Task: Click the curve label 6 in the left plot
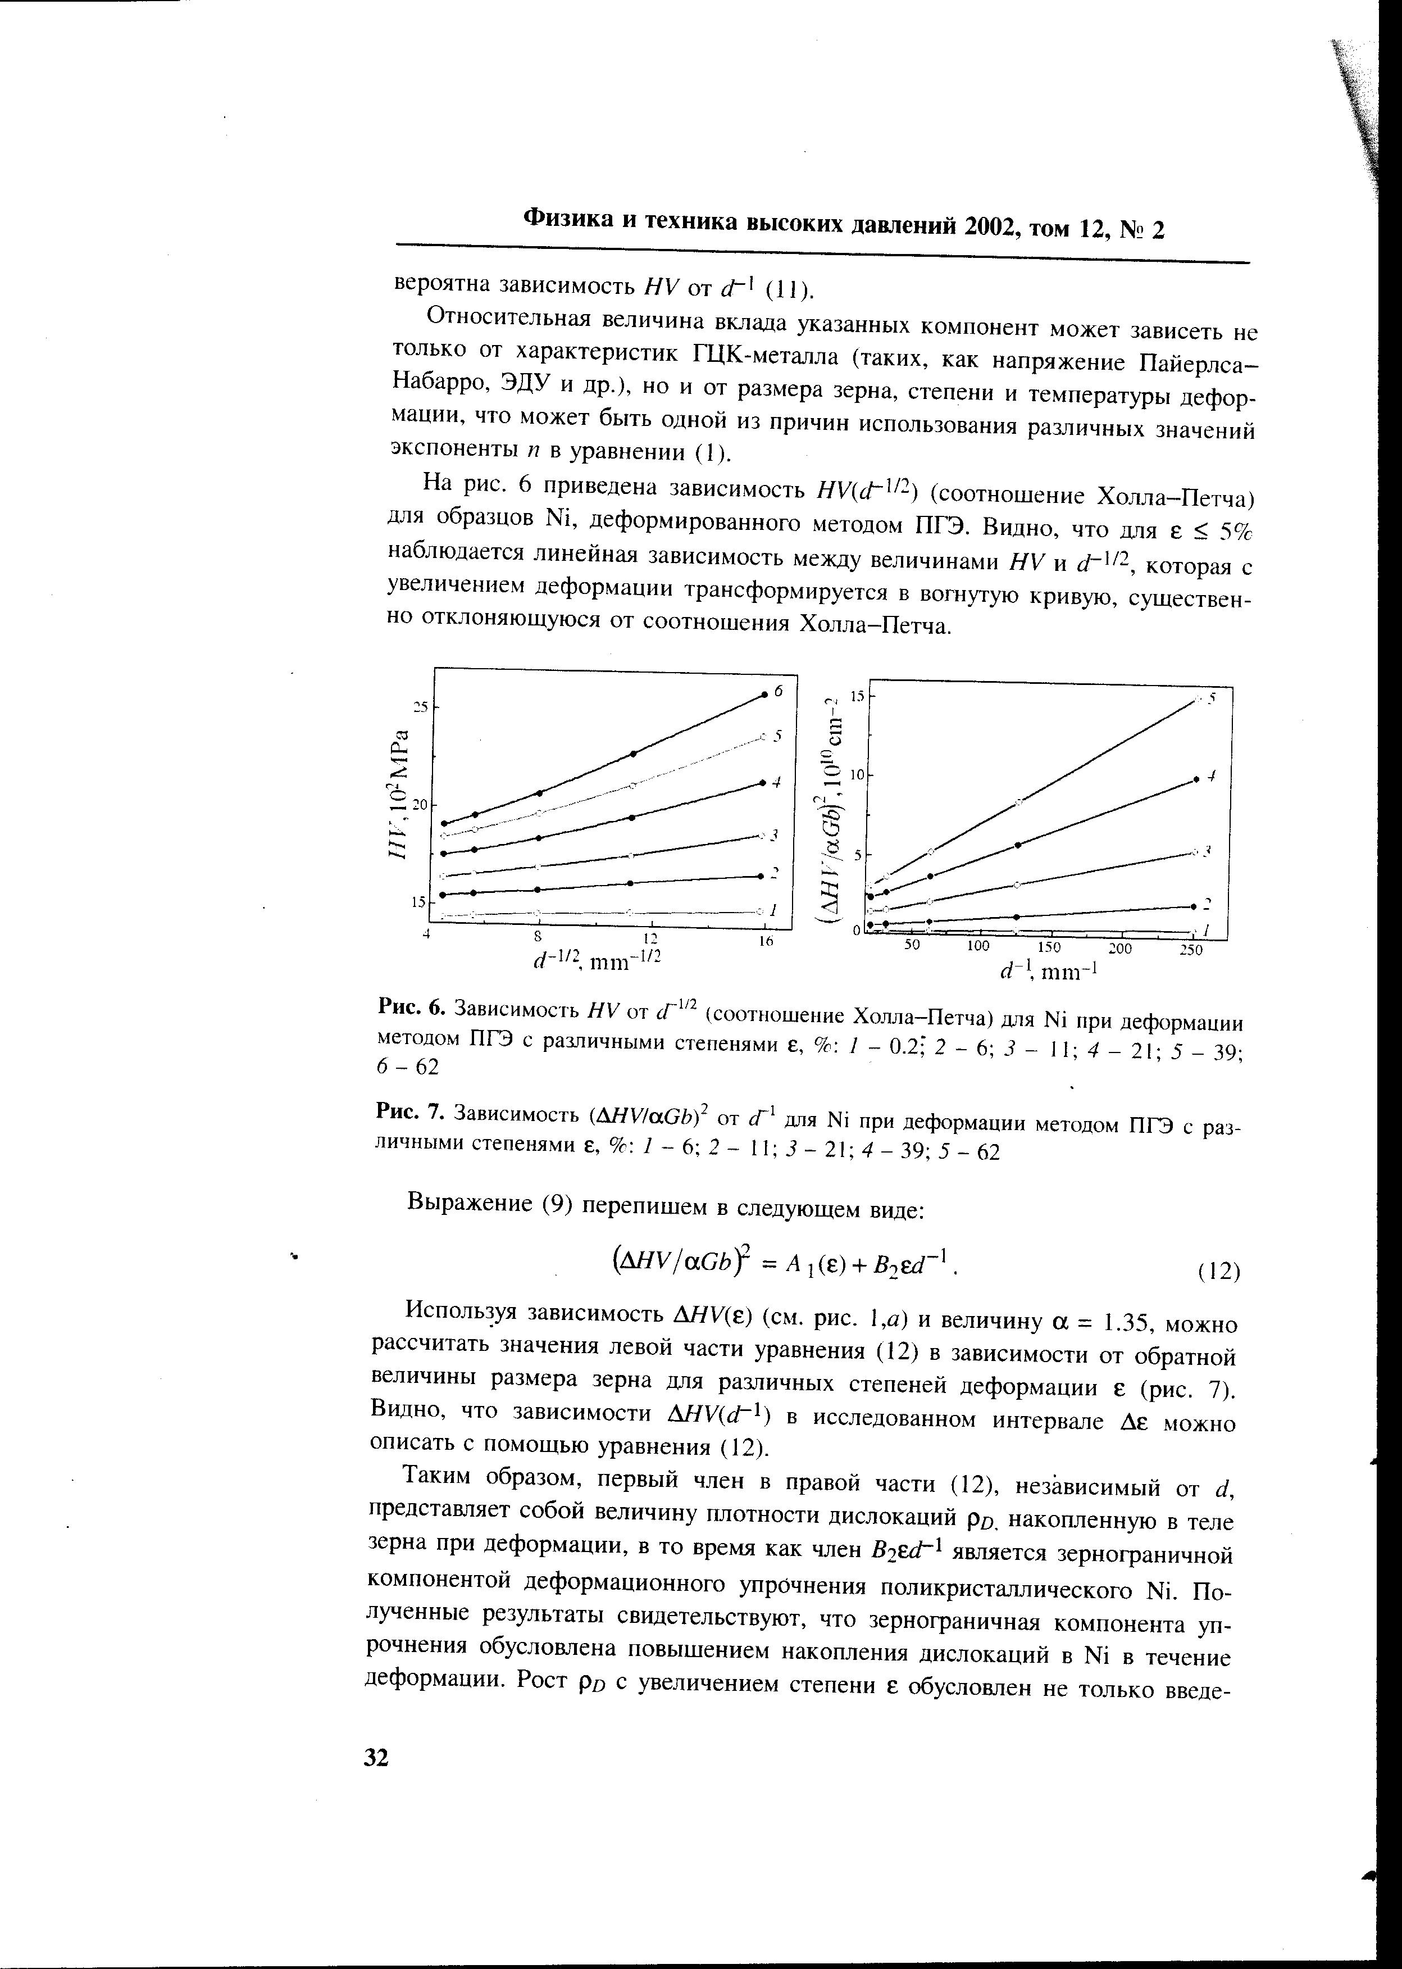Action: (x=778, y=691)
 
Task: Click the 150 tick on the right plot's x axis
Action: (x=1049, y=947)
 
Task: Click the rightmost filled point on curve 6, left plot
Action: (x=764, y=695)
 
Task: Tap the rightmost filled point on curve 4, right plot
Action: (x=1196, y=779)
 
